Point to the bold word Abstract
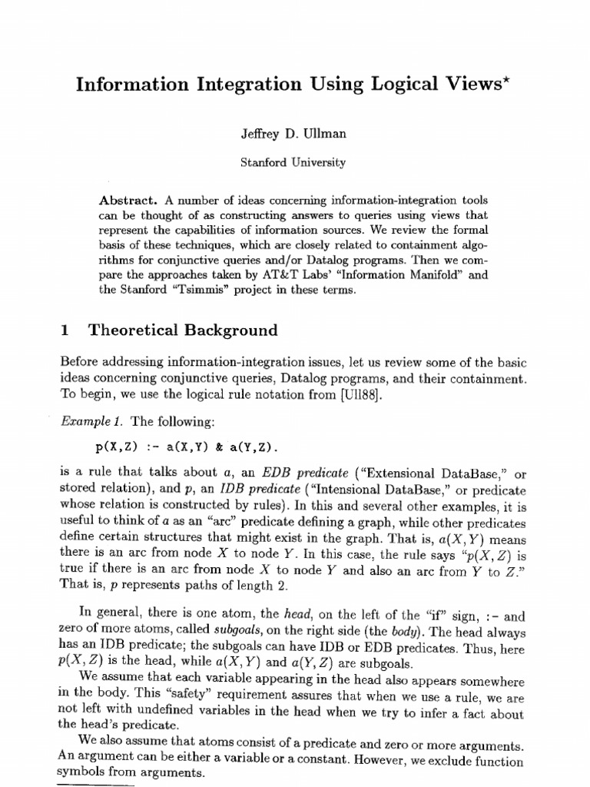(x=128, y=200)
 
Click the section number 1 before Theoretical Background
(x=65, y=331)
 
